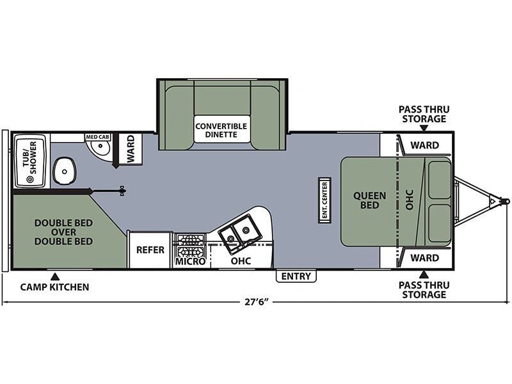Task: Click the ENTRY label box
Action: pyautogui.click(x=296, y=276)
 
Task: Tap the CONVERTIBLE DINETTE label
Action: pyautogui.click(x=221, y=131)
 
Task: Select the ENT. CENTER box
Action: pyautogui.click(x=324, y=200)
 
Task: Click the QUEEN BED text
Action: pyautogui.click(x=370, y=200)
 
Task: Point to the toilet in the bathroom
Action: pyautogui.click(x=65, y=171)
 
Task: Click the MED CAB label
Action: pyautogui.click(x=98, y=137)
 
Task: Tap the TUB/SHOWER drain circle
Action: pyautogui.click(x=31, y=179)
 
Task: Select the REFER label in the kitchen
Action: pyautogui.click(x=150, y=250)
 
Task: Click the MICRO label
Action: pyautogui.click(x=190, y=261)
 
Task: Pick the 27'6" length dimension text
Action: pyautogui.click(x=257, y=301)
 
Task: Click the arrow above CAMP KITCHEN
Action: pyautogui.click(x=55, y=277)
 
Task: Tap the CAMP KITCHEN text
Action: pyautogui.click(x=54, y=287)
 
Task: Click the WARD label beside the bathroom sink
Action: pyautogui.click(x=131, y=148)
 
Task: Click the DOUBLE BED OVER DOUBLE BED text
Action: pyautogui.click(x=63, y=232)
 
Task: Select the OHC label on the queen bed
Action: pyautogui.click(x=410, y=200)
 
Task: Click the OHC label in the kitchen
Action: pyautogui.click(x=241, y=261)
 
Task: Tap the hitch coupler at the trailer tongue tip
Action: pyautogui.click(x=506, y=201)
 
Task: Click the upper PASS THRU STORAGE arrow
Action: pyautogui.click(x=424, y=128)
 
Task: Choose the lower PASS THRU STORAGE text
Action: pyautogui.click(x=424, y=290)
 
